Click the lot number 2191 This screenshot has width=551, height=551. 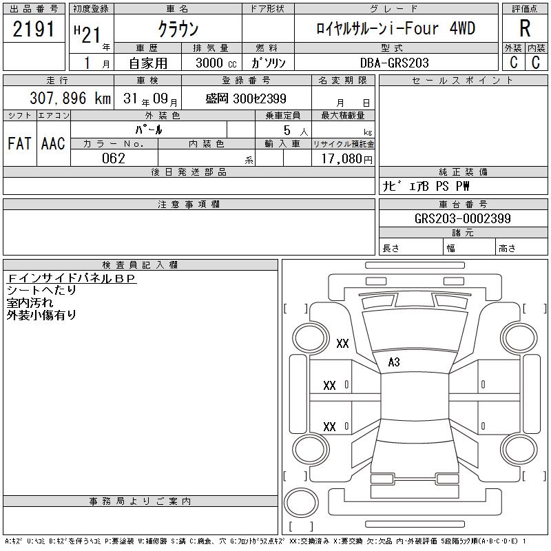pyautogui.click(x=34, y=29)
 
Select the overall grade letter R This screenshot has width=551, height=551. pyautogui.click(x=525, y=28)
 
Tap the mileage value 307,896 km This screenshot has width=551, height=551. pyautogui.click(x=70, y=98)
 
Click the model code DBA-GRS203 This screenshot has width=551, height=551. pyautogui.click(x=395, y=63)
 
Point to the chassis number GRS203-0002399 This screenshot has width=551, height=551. pyautogui.click(x=462, y=218)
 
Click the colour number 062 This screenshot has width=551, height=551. pyautogui.click(x=114, y=158)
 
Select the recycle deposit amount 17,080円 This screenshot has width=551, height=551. pyautogui.click(x=347, y=159)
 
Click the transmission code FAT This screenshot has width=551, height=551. pyautogui.click(x=19, y=143)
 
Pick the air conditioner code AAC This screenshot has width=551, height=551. pyautogui.click(x=53, y=143)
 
